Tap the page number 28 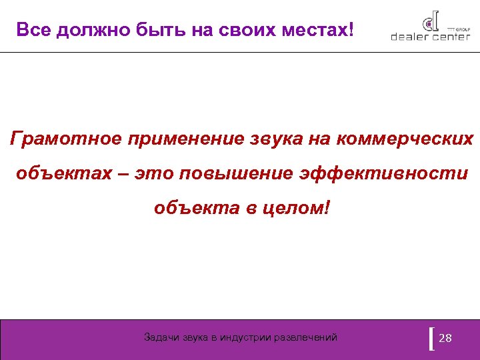click(x=446, y=338)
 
